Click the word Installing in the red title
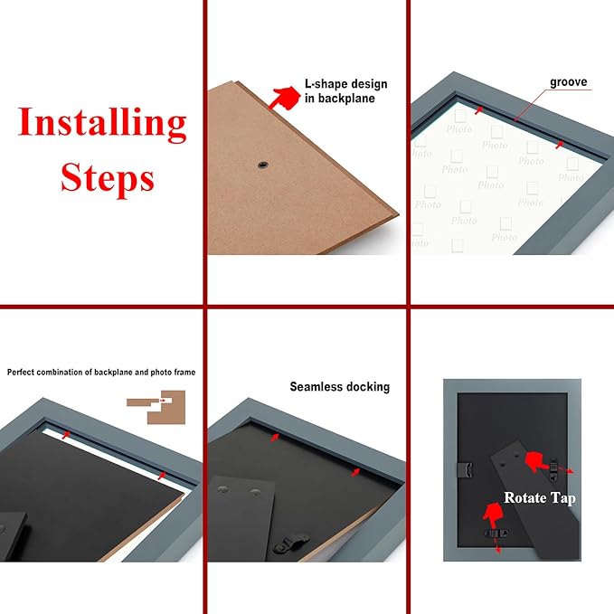[x=102, y=123]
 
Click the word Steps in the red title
[x=108, y=177]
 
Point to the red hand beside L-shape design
[x=284, y=98]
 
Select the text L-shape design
[x=345, y=84]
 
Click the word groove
[x=568, y=82]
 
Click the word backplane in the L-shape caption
[x=345, y=98]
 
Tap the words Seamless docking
[x=339, y=387]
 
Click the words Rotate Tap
[x=540, y=498]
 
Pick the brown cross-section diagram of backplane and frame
[x=156, y=406]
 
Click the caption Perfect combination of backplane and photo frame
[x=101, y=373]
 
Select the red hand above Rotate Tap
[x=535, y=461]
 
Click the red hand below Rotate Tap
[x=493, y=515]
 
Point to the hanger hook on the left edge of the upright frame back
[x=466, y=469]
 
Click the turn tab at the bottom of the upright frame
[x=496, y=534]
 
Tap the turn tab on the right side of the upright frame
[x=553, y=468]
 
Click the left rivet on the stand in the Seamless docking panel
[x=222, y=489]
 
